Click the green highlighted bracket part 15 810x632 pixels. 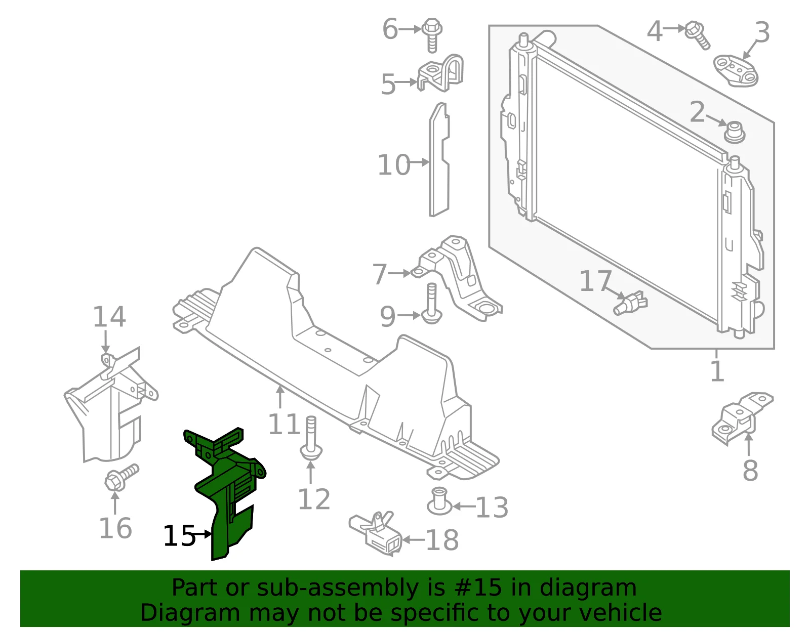227,484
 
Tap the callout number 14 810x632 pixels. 109,317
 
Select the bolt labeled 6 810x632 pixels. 432,35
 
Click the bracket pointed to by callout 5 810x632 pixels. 440,73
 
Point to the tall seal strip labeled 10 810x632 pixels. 439,159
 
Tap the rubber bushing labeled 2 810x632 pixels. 735,132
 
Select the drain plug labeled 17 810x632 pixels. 630,303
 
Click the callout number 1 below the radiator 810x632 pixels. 717,370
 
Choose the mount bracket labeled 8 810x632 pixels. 742,418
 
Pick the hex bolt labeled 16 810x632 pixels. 121,478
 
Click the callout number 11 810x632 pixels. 284,424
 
